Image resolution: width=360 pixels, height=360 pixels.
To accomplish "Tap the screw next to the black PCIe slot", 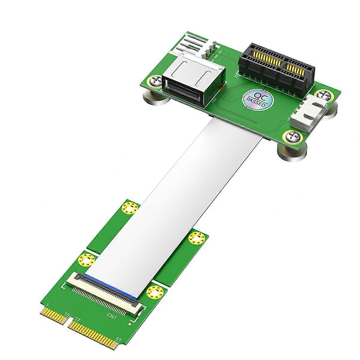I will pos(325,96).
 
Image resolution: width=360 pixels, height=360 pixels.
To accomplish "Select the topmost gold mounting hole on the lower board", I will pos(130,208).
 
